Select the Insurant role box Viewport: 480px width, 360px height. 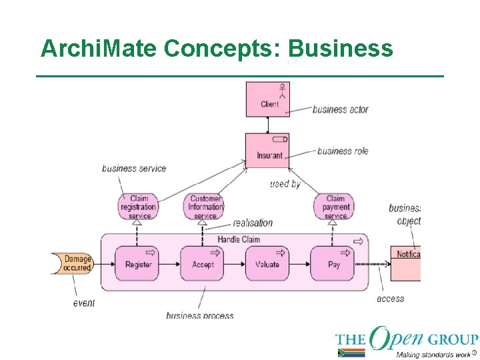pyautogui.click(x=267, y=151)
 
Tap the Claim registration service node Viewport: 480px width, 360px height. pyautogui.click(x=139, y=207)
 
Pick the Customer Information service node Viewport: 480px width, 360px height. pyautogui.click(x=205, y=207)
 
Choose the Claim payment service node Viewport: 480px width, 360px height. pyautogui.click(x=335, y=207)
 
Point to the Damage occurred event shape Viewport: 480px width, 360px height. pyautogui.click(x=75, y=263)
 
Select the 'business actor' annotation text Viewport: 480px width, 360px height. pyautogui.click(x=340, y=109)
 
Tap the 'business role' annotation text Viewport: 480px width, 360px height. pyautogui.click(x=343, y=151)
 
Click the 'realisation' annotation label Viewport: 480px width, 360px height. pyautogui.click(x=253, y=223)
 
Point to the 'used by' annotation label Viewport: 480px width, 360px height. pyautogui.click(x=285, y=183)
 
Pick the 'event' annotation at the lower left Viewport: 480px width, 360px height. pyautogui.click(x=84, y=303)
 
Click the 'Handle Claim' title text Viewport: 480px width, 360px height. pyautogui.click(x=239, y=239)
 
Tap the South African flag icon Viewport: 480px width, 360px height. pyautogui.click(x=351, y=353)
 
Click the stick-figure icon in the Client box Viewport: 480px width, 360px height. pyautogui.click(x=283, y=91)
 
